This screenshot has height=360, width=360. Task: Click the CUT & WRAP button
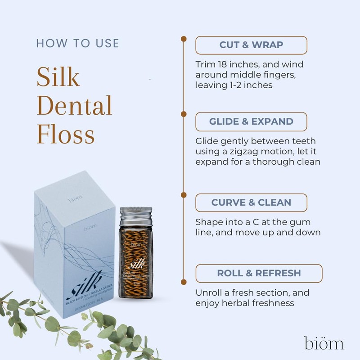click(251, 45)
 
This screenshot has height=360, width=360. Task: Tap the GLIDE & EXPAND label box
click(251, 121)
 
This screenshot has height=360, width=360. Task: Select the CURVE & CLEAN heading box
click(251, 203)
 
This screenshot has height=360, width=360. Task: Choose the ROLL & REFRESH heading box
click(259, 273)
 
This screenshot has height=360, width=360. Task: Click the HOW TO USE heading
click(77, 44)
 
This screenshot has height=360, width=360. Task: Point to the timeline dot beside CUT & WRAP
click(184, 39)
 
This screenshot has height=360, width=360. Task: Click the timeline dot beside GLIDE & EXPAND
click(184, 114)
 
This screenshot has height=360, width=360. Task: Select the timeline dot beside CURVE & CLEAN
click(184, 195)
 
